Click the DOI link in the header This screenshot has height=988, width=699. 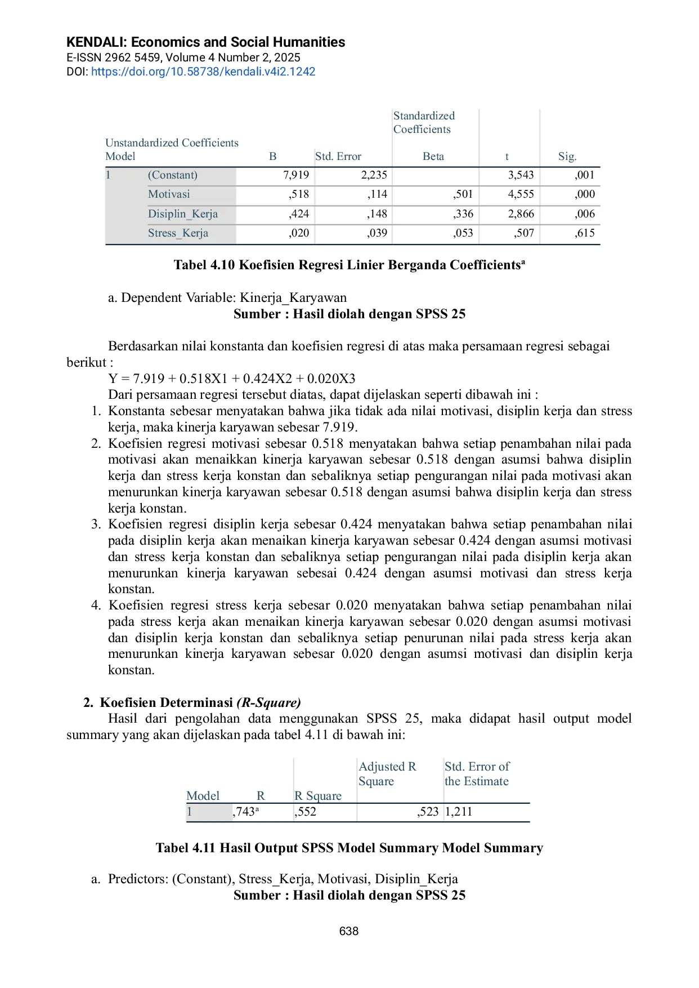(203, 72)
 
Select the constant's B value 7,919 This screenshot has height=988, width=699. (296, 175)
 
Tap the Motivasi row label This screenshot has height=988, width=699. (169, 194)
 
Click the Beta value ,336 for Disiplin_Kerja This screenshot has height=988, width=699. (463, 214)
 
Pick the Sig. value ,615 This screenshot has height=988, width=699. (585, 233)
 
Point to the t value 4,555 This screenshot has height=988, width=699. (521, 194)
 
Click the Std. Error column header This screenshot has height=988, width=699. (338, 157)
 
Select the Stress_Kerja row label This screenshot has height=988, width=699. (178, 233)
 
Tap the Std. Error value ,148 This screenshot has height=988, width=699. (377, 214)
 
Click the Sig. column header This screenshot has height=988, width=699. (567, 157)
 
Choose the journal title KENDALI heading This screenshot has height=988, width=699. (205, 42)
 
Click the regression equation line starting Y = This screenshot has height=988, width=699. (232, 379)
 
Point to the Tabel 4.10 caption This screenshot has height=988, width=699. (349, 265)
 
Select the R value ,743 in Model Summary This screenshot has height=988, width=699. (245, 812)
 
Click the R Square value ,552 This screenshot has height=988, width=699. (306, 812)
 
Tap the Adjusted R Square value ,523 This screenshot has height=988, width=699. (428, 812)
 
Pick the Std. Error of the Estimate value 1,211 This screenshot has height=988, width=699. (459, 812)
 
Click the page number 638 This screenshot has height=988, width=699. (349, 931)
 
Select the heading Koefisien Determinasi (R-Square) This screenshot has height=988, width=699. (200, 702)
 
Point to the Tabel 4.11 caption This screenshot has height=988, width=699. (349, 848)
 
